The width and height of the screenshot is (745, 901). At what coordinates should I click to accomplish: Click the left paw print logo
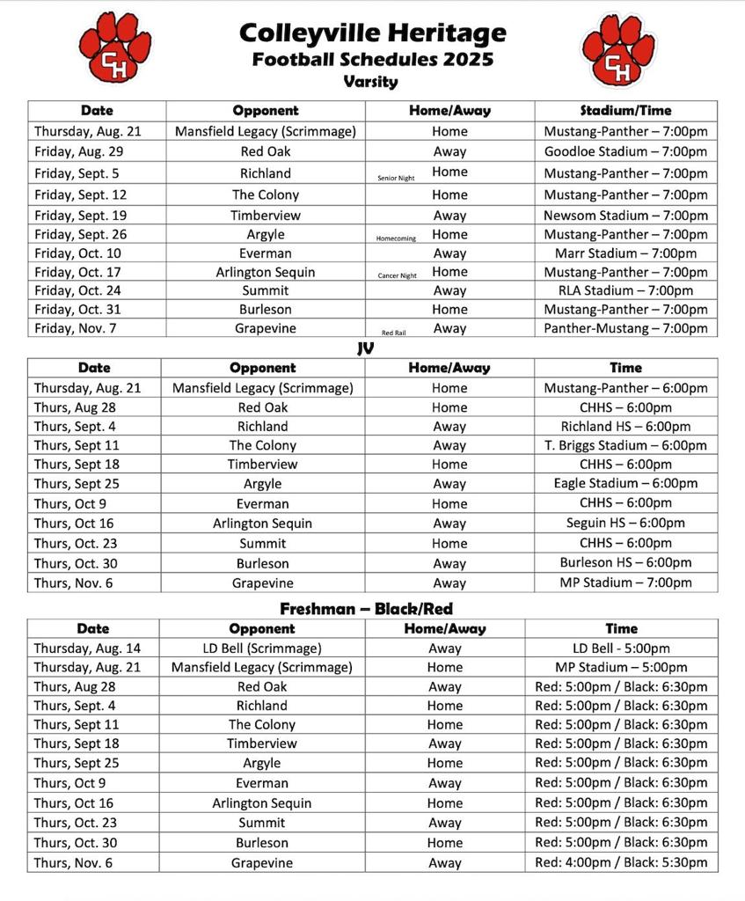[x=114, y=48]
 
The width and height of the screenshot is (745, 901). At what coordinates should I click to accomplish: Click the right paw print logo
[x=618, y=49]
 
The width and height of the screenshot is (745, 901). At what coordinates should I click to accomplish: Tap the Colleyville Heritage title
[x=372, y=33]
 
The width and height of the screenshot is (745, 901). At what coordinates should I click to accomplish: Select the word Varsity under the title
[x=370, y=82]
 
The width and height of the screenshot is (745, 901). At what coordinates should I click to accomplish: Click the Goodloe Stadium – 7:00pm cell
[x=625, y=151]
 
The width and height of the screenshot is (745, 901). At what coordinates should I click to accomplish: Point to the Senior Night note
[x=396, y=178]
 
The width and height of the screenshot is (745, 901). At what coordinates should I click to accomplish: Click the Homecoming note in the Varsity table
[x=396, y=238]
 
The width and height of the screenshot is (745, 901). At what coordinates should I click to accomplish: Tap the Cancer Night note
[x=397, y=275]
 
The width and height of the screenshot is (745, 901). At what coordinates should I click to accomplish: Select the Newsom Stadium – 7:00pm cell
[x=625, y=216]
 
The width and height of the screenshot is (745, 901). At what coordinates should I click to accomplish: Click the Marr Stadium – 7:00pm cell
[x=625, y=253]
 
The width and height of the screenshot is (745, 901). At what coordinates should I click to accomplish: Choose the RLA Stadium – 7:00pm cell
[x=625, y=290]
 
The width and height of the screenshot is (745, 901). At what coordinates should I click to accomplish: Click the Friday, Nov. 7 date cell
[x=77, y=328]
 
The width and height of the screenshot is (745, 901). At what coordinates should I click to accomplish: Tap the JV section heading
[x=366, y=348]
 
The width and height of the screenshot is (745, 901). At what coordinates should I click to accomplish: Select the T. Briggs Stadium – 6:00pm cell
[x=625, y=445]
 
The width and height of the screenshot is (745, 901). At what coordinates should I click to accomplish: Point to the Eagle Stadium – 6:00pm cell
[x=625, y=483]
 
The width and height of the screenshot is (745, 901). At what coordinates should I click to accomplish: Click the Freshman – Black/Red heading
[x=366, y=609]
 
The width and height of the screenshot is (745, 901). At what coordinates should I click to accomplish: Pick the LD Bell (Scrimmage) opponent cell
[x=261, y=648]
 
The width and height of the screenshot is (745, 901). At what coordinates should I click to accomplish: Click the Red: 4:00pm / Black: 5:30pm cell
[x=621, y=863]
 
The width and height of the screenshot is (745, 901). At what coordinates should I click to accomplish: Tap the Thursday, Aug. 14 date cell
[x=87, y=648]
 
